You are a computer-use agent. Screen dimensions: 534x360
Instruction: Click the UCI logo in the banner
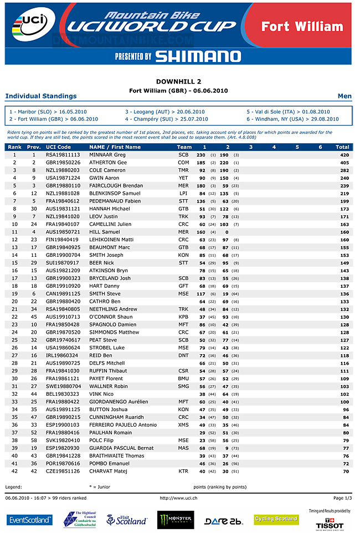(x=24, y=28)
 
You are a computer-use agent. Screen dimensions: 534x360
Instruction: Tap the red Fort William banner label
(x=302, y=27)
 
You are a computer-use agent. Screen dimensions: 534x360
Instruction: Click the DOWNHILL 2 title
(x=178, y=81)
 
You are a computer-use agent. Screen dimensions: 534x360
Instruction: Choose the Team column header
(x=184, y=147)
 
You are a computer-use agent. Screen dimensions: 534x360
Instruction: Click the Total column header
(x=342, y=147)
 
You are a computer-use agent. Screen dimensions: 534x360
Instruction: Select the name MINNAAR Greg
(x=107, y=155)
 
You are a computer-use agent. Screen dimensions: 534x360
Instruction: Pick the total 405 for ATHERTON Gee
(x=344, y=163)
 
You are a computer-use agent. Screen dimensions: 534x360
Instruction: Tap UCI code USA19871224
(x=63, y=178)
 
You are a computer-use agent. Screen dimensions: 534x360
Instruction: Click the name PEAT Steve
(x=103, y=340)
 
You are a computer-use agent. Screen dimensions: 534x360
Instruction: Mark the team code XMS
(x=183, y=424)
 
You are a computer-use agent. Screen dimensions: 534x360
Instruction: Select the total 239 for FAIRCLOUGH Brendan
(x=344, y=186)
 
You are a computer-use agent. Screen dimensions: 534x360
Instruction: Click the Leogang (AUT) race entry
(x=164, y=112)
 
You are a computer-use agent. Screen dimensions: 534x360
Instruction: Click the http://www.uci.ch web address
(x=178, y=498)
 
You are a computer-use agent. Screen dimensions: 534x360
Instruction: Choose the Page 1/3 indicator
(x=342, y=498)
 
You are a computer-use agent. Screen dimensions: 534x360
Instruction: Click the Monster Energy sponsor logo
(x=176, y=520)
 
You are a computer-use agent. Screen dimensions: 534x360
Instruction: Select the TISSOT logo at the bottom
(x=330, y=524)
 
